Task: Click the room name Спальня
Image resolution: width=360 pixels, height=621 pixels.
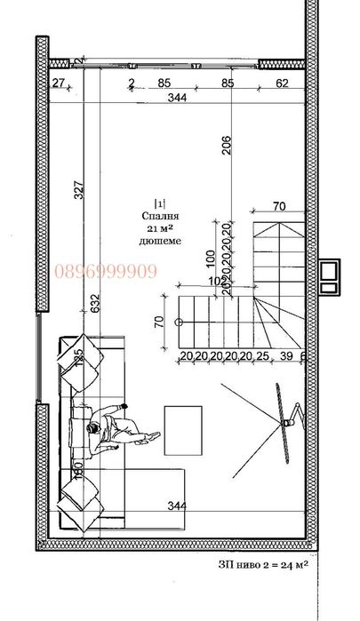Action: (x=160, y=215)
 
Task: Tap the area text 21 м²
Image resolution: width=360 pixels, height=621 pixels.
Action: (x=160, y=227)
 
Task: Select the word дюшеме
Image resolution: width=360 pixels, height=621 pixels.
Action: (x=160, y=240)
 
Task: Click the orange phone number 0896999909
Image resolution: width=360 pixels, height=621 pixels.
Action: (x=106, y=272)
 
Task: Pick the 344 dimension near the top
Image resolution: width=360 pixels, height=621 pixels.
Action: (x=178, y=98)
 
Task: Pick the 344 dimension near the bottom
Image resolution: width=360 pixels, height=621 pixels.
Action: (x=177, y=506)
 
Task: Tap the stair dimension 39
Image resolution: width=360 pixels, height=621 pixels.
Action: (x=286, y=356)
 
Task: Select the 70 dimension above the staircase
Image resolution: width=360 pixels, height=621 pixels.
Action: (x=279, y=206)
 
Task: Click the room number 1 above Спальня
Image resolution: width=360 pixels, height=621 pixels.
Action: (x=160, y=203)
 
